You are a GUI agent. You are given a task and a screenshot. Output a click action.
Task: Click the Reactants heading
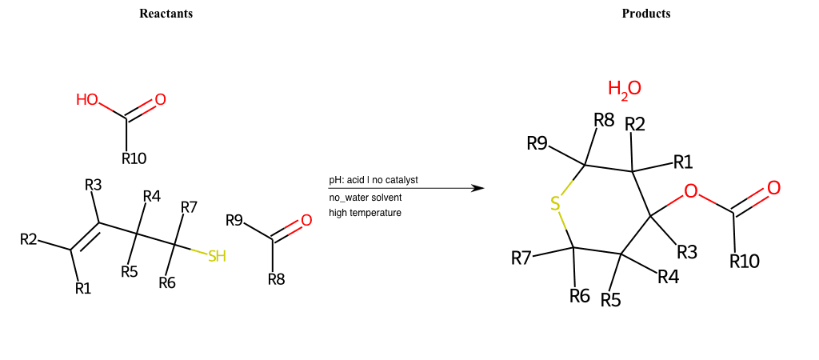(166, 14)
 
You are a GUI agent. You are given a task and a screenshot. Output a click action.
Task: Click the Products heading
(646, 14)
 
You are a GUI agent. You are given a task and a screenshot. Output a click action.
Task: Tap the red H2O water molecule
(624, 89)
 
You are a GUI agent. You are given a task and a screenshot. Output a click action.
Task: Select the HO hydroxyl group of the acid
(87, 100)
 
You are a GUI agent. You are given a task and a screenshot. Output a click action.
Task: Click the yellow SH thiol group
(217, 256)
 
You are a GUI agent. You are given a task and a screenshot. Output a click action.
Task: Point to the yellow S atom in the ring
(555, 205)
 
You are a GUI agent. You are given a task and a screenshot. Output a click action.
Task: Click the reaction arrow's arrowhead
(478, 188)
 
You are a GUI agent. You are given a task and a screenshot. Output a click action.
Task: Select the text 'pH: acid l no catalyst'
(374, 180)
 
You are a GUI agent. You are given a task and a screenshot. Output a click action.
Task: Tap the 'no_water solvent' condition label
(366, 197)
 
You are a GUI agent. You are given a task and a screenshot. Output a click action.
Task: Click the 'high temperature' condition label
(365, 213)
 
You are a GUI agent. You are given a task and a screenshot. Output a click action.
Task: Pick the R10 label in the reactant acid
(134, 158)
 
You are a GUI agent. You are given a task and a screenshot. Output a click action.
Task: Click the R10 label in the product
(745, 262)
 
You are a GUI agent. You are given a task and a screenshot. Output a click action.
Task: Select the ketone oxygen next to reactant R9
(306, 221)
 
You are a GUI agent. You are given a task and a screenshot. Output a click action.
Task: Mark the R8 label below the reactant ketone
(276, 279)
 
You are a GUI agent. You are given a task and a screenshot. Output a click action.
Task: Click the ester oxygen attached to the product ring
(691, 191)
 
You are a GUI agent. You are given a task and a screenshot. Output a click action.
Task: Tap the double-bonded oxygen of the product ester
(773, 188)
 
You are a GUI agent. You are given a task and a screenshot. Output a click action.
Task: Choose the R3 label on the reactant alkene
(94, 186)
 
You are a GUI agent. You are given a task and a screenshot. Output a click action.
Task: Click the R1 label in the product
(683, 162)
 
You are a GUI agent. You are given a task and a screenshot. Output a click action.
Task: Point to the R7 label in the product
(521, 258)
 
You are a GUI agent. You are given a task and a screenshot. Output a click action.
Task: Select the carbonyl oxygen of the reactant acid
(160, 100)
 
